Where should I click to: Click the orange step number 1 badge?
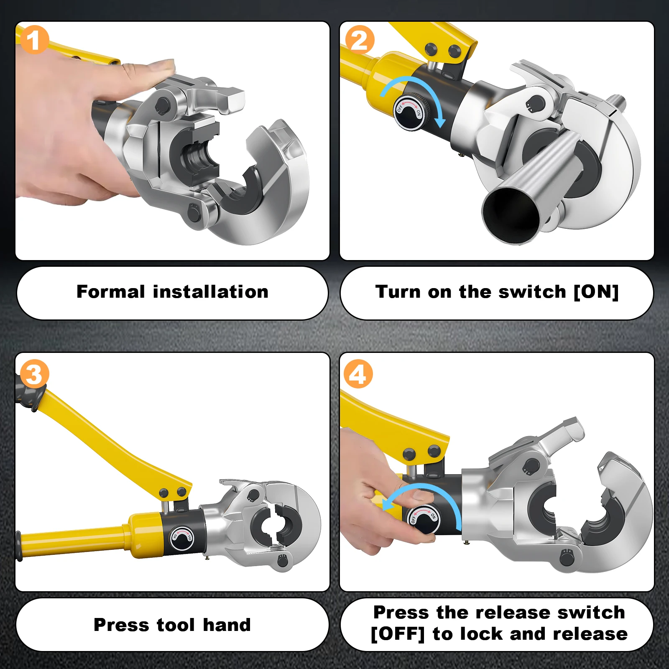pos(34,40)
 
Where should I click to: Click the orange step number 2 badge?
pos(359,40)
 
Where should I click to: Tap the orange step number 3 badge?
pos(34,374)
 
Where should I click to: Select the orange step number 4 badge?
pos(358,374)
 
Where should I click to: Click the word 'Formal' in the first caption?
pos(111,291)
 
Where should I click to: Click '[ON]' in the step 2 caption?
pos(596,291)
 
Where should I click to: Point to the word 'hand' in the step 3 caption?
pos(227,625)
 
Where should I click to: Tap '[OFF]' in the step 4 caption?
pos(398,634)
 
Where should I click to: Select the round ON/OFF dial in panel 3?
pos(182,537)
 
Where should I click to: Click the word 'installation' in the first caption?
pos(210,291)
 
